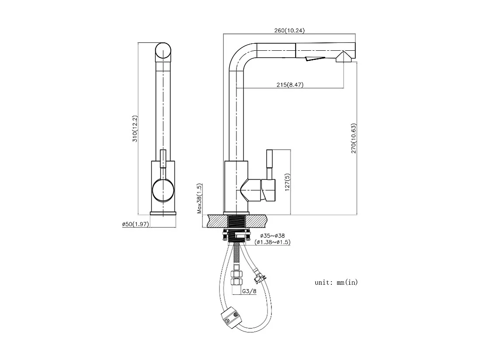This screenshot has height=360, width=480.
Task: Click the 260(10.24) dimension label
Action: (289, 30)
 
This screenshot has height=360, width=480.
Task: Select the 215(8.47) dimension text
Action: (290, 85)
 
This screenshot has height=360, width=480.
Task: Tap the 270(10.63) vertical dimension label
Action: (354, 138)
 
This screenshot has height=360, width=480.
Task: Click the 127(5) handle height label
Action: (286, 182)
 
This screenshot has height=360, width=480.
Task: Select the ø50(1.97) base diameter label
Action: (136, 224)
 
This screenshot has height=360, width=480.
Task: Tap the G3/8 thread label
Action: (249, 291)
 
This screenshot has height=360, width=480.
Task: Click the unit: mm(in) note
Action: (336, 283)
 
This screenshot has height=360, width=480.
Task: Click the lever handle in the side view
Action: (270, 164)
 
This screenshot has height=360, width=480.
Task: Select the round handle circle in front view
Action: (163, 191)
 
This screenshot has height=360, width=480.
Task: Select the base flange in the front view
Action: (163, 213)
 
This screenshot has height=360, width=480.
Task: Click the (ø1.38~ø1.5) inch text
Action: (273, 242)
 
